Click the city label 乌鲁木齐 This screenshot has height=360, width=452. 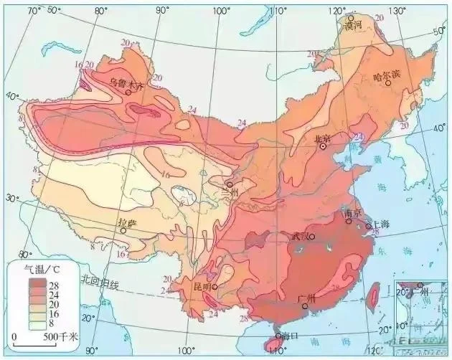tap(126, 82)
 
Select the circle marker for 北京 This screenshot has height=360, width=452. tap(323, 146)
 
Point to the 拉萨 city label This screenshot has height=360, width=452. tap(126, 223)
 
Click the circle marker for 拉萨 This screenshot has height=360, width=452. tap(123, 231)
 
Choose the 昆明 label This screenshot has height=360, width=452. tap(201, 287)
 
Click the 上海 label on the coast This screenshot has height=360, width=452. tap(381, 224)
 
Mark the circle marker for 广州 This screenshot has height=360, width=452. tap(304, 306)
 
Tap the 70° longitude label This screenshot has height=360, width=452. tap(33, 10)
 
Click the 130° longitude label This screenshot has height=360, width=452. tap(392, 11)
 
